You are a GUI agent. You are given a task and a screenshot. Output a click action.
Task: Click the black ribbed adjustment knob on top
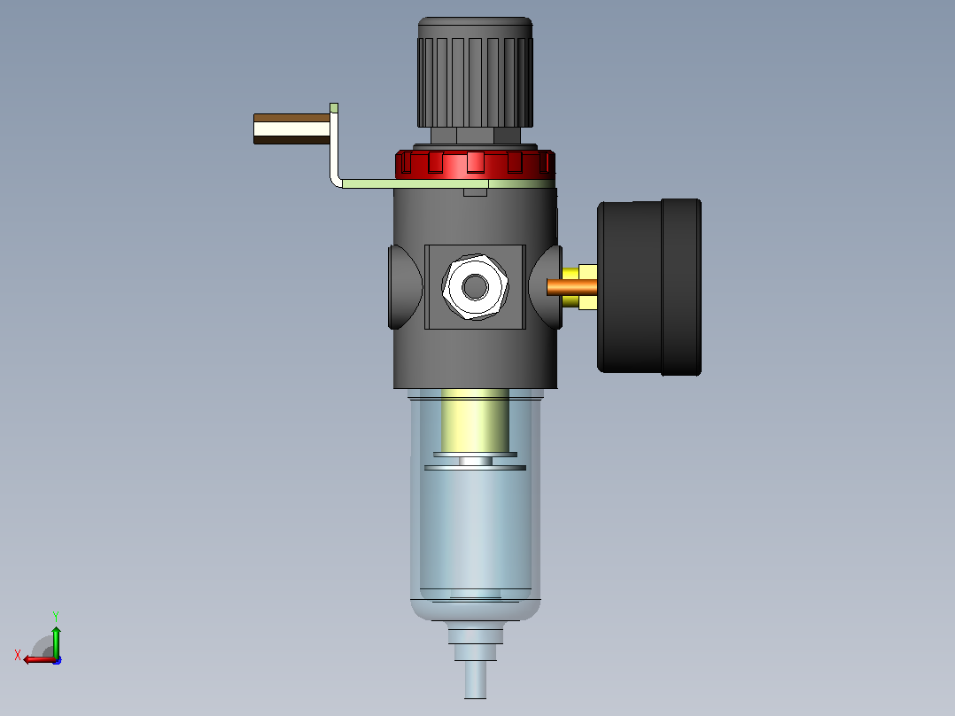point(475,74)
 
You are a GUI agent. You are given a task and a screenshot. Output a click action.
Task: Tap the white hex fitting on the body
point(475,287)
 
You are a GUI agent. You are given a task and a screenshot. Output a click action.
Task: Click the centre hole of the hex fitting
point(475,287)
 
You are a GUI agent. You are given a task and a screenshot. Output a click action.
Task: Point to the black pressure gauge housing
point(649,287)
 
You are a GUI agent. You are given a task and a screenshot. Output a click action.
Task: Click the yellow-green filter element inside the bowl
point(475,420)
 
